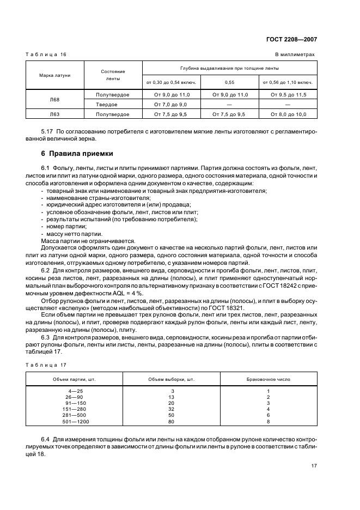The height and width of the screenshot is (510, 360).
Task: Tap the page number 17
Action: tap(314, 466)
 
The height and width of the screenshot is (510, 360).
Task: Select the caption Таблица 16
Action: tap(46, 54)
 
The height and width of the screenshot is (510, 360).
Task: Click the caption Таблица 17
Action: tap(46, 365)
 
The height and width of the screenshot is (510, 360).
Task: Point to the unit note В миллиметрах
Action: tap(295, 54)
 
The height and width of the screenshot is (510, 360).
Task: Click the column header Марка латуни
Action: tap(54, 75)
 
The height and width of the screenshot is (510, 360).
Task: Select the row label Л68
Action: tap(54, 99)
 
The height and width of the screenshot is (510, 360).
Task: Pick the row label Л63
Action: tap(54, 114)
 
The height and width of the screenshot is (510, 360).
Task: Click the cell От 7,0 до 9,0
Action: tap(170, 104)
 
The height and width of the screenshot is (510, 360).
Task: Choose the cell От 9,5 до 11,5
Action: tap(288, 95)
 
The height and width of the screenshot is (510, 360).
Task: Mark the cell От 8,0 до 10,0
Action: tap(288, 114)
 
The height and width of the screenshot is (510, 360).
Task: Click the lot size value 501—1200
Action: tap(75, 421)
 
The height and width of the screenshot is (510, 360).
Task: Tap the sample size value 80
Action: tap(172, 421)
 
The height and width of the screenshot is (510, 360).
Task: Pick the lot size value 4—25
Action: tap(75, 391)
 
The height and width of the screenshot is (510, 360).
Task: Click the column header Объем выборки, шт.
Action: tap(170, 379)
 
